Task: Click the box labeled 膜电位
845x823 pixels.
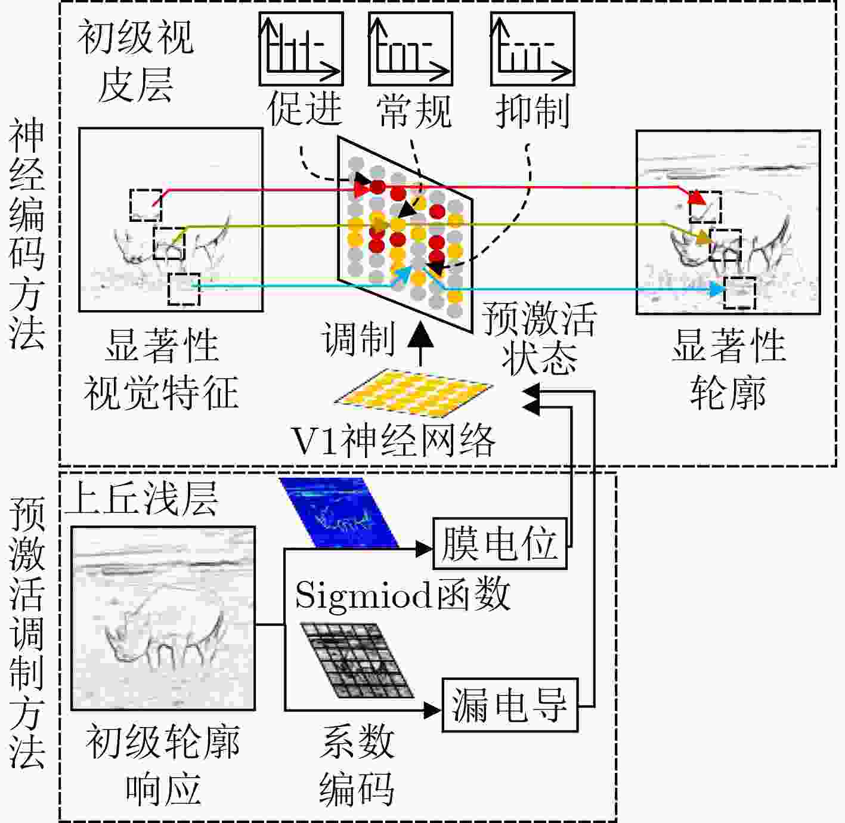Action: click(x=500, y=543)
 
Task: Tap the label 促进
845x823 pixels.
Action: click(x=304, y=109)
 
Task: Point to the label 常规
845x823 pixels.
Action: click(x=414, y=111)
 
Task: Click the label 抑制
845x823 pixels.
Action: click(x=533, y=111)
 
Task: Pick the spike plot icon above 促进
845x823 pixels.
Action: click(x=301, y=49)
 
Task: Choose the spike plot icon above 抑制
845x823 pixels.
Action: click(x=533, y=49)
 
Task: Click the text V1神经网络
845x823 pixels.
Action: click(x=394, y=441)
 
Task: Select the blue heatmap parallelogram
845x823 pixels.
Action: click(x=339, y=512)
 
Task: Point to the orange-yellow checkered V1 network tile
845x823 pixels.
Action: click(x=413, y=392)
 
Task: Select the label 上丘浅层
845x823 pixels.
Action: click(x=141, y=499)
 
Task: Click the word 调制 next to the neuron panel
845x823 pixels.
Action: click(x=358, y=338)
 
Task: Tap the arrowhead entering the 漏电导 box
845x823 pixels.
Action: click(x=432, y=710)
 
